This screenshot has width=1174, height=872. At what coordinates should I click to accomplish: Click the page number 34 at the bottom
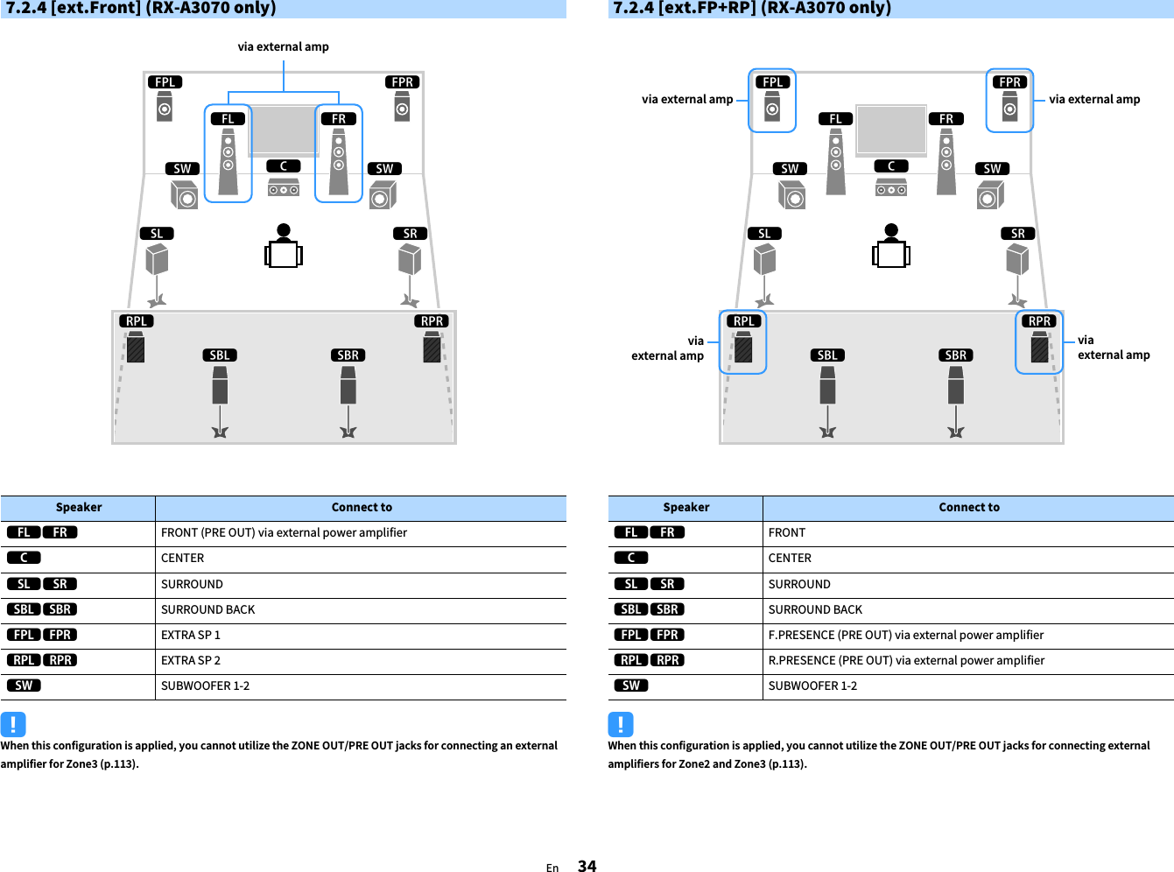coord(587,866)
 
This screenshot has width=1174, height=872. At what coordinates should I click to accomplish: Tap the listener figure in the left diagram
coord(284,247)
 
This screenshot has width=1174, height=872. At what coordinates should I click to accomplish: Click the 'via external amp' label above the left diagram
coord(283,47)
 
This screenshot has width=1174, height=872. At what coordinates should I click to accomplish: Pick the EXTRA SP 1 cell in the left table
coord(191,635)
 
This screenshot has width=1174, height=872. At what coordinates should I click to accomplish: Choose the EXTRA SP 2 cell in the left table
coord(191,660)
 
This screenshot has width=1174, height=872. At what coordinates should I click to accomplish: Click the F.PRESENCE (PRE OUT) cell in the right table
coord(905,635)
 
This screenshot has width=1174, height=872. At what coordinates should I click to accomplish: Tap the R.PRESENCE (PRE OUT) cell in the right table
coord(906,660)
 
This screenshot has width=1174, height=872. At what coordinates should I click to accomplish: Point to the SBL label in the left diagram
coord(220,355)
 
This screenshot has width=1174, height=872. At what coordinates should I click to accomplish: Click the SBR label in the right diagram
coord(956,355)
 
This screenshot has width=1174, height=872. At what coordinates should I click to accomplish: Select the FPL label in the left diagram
coord(165,82)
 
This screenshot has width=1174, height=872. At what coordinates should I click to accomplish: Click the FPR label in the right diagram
coord(1009,82)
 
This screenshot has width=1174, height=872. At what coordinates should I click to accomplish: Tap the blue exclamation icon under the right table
coord(621,724)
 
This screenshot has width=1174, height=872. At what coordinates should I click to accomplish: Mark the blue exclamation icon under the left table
coord(13,724)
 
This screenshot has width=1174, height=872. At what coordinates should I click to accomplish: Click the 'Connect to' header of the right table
coord(968,508)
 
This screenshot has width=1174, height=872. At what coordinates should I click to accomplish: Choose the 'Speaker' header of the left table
coord(79,508)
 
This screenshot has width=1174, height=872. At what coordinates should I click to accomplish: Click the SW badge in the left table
coord(24,686)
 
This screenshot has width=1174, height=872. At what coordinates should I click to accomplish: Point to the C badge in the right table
coord(631,558)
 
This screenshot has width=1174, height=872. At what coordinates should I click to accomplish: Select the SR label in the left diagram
coord(410,234)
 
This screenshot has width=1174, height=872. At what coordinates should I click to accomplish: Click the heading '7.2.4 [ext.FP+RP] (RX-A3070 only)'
coord(752,8)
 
